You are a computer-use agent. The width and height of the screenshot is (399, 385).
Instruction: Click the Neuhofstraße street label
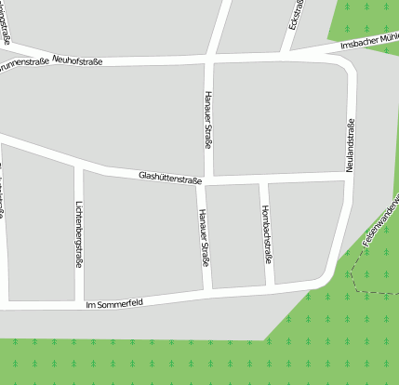[x=77, y=60]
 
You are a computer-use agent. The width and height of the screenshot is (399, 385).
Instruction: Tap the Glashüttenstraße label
[x=169, y=175]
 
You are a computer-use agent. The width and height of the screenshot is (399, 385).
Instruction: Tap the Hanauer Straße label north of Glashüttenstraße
[x=207, y=119]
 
